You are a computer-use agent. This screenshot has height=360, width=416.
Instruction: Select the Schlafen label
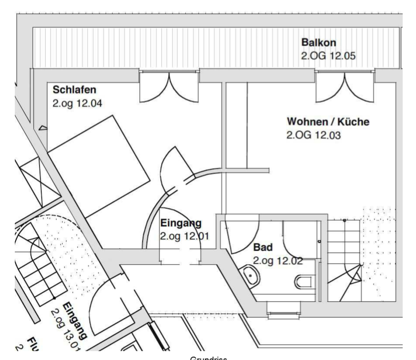[74, 90]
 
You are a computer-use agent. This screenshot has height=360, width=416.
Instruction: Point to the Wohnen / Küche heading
[328, 122]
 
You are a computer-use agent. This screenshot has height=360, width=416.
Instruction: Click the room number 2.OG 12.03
[313, 135]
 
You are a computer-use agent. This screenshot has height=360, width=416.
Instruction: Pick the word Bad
[263, 248]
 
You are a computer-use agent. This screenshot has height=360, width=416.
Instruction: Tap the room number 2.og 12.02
[278, 261]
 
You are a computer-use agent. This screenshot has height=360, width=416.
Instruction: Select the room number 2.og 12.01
[185, 237]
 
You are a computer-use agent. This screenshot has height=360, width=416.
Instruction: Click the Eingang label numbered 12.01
[181, 224]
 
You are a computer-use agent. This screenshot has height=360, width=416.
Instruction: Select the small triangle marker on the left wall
[43, 128]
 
